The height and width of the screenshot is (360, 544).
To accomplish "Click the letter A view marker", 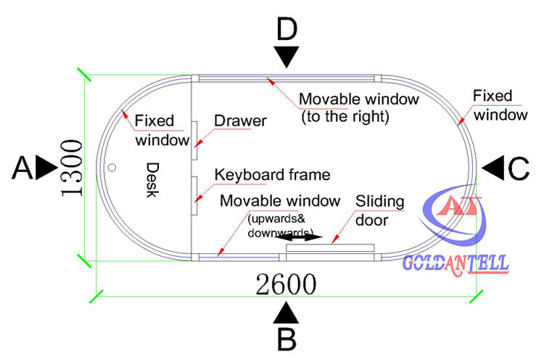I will point(23,168).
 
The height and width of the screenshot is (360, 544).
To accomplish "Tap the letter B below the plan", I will point(287,339).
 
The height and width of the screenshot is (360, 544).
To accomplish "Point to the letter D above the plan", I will point(288,30).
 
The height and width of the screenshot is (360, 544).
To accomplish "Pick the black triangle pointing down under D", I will point(288,57).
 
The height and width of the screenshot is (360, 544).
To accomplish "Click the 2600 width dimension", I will point(287,284).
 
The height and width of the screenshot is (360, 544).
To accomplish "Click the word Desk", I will point(152,179).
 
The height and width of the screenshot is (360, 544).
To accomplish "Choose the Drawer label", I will point(240,120).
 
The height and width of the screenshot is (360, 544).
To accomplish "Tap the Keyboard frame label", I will point(272,175).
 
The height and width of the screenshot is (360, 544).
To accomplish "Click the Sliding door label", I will point(379,210).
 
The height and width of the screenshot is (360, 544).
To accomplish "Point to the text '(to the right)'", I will point(345,115).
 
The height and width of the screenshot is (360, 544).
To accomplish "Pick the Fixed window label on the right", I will point(498,105).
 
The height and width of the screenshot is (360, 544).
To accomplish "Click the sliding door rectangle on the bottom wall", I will point(330,247).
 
